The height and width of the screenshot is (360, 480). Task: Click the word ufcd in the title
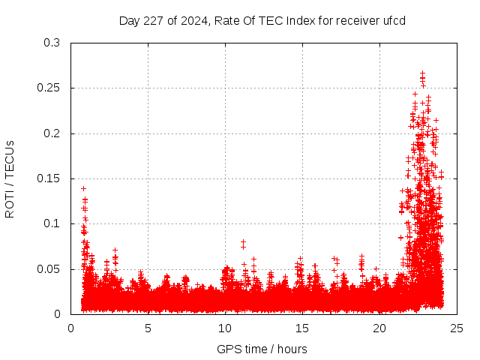pos(394,21)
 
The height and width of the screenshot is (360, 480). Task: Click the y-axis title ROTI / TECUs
pos(10,178)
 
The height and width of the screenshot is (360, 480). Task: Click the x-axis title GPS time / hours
pos(262,349)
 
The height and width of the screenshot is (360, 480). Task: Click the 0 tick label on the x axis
pos(70,328)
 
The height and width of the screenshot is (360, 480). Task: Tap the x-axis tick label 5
pos(148,328)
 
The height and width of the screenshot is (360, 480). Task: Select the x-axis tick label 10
pos(225,328)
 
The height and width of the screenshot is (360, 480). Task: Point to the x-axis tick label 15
pos(302,328)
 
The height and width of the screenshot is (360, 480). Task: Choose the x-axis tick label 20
pos(379,328)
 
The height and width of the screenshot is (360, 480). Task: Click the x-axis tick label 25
pos(457,328)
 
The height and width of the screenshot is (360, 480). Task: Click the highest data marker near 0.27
pos(422,73)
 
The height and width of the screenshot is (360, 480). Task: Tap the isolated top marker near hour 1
pos(83,188)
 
